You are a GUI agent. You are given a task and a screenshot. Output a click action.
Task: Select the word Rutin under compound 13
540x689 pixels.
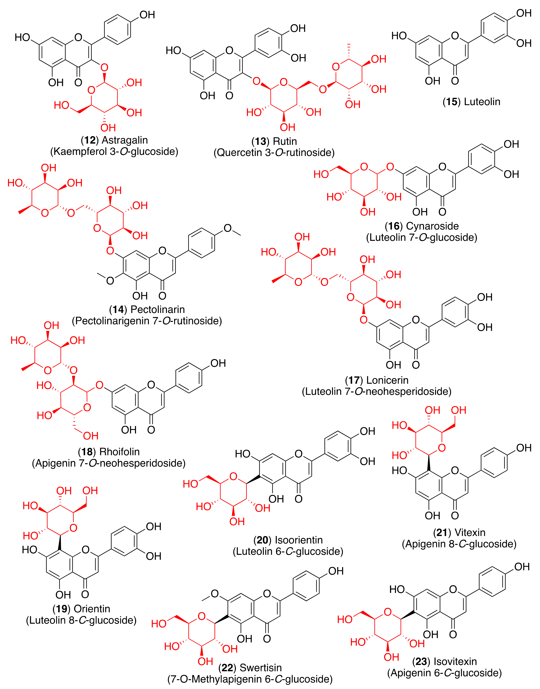pos(285,141)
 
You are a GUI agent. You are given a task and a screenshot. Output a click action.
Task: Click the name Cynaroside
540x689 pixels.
pos(432,226)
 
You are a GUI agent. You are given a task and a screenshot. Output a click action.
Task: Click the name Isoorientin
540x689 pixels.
pos(299,540)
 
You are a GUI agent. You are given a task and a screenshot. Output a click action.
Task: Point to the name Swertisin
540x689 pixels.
pos(261,668)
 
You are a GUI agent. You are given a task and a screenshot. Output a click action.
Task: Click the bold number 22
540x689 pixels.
pos(227,668)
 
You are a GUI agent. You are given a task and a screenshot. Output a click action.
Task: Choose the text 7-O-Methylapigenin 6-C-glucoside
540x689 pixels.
pos(250,679)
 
